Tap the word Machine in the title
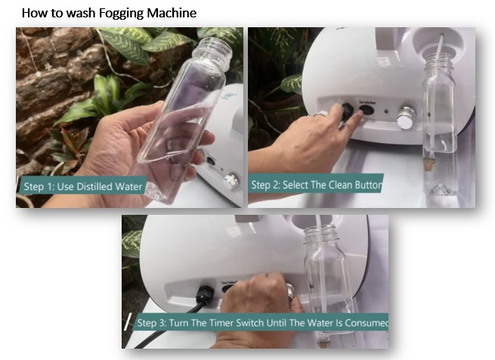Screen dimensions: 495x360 172,13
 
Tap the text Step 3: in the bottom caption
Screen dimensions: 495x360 151,323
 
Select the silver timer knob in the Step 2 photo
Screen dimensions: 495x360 406,117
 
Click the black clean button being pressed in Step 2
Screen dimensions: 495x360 367,110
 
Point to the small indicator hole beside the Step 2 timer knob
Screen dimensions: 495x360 386,111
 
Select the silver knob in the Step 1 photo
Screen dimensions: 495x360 230,181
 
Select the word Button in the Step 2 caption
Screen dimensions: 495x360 368,185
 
